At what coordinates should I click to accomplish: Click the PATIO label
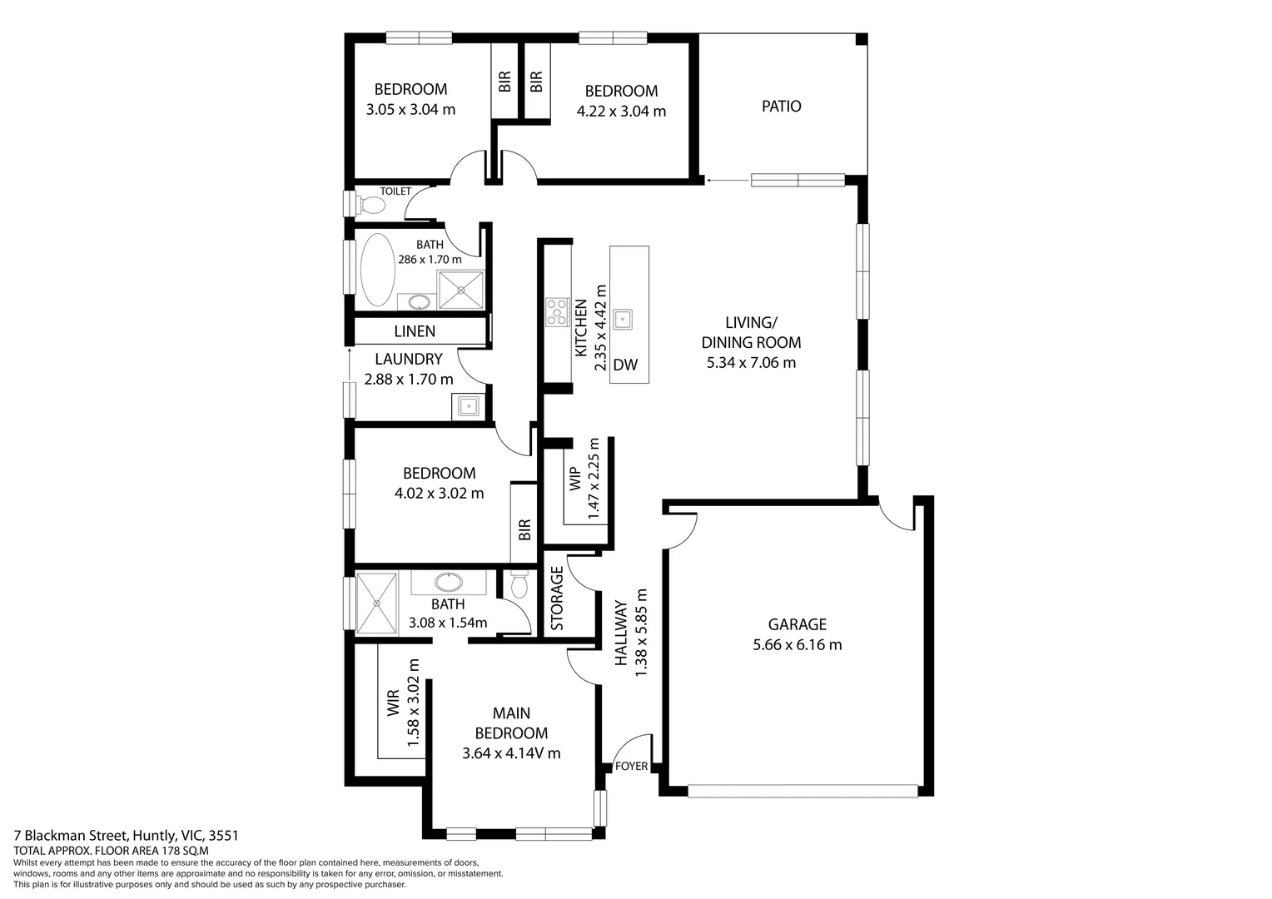pyautogui.click(x=781, y=107)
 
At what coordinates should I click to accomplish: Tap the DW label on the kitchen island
pyautogui.click(x=625, y=365)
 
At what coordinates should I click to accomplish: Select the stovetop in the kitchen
pyautogui.click(x=557, y=311)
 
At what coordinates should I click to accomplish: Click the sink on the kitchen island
pyautogui.click(x=622, y=319)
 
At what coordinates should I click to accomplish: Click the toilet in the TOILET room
pyautogui.click(x=372, y=204)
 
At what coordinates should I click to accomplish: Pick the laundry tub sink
pyautogui.click(x=468, y=406)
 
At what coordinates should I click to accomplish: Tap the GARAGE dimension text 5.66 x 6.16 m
pyautogui.click(x=797, y=644)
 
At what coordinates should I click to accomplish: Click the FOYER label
pyautogui.click(x=630, y=766)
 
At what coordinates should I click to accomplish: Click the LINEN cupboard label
pyautogui.click(x=415, y=331)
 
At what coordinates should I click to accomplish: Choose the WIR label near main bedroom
pyautogui.click(x=394, y=703)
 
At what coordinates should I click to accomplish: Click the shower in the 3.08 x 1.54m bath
pyautogui.click(x=377, y=603)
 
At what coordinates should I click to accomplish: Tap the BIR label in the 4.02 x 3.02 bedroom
pyautogui.click(x=524, y=529)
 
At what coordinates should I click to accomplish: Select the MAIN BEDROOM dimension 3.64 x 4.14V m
pyautogui.click(x=511, y=753)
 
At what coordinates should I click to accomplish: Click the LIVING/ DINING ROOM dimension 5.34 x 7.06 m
pyautogui.click(x=751, y=362)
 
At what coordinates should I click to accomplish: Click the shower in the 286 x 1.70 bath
pyautogui.click(x=461, y=290)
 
